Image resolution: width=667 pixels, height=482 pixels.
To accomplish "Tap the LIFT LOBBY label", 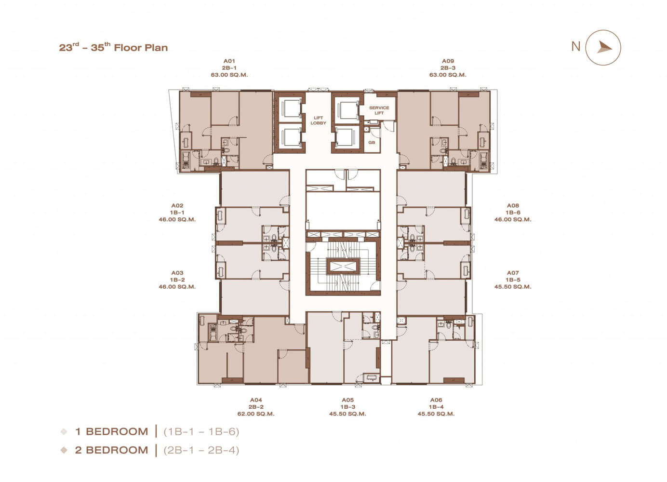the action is click(318, 120).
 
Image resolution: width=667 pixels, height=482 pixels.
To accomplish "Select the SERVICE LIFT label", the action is click(379, 110).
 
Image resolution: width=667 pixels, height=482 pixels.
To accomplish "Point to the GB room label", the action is click(372, 142).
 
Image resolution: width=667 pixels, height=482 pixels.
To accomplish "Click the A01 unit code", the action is click(229, 61).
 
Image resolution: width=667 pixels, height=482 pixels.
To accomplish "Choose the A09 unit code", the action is click(448, 61).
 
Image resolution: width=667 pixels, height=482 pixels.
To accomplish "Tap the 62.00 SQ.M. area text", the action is click(256, 414).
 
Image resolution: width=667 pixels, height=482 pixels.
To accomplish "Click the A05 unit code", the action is click(347, 400).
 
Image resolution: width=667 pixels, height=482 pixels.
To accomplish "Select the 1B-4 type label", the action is click(436, 407).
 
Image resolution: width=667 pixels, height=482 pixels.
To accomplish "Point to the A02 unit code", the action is click(177, 205).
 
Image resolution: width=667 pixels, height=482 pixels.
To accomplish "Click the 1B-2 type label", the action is click(177, 280).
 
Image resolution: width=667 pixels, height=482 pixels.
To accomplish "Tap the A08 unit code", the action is click(513, 205).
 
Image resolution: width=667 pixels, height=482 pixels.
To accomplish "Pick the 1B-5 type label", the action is click(513, 280).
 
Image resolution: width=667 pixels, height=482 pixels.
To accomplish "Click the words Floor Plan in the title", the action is click(141, 48).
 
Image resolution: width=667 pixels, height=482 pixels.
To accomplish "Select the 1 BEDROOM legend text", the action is click(112, 431).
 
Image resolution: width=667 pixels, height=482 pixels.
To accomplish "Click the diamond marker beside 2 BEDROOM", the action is click(64, 450).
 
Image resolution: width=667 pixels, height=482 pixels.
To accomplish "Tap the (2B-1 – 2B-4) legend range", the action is click(201, 450).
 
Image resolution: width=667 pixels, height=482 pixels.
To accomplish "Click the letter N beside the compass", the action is click(576, 46).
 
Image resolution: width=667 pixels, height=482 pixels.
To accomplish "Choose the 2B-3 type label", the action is click(448, 68).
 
